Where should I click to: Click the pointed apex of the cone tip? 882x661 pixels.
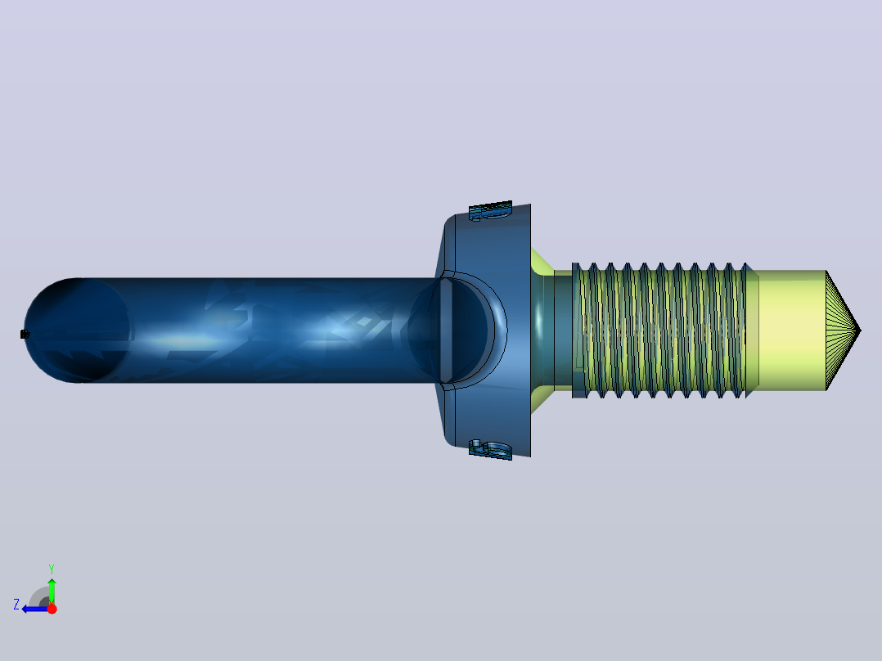coord(861,330)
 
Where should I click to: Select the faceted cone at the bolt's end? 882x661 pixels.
coord(841,330)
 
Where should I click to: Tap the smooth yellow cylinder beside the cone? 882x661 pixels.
coord(792,330)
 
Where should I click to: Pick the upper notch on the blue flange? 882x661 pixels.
coord(491,210)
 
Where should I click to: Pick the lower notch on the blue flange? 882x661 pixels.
coord(491,450)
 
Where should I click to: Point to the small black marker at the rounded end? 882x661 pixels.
coord(25,334)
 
